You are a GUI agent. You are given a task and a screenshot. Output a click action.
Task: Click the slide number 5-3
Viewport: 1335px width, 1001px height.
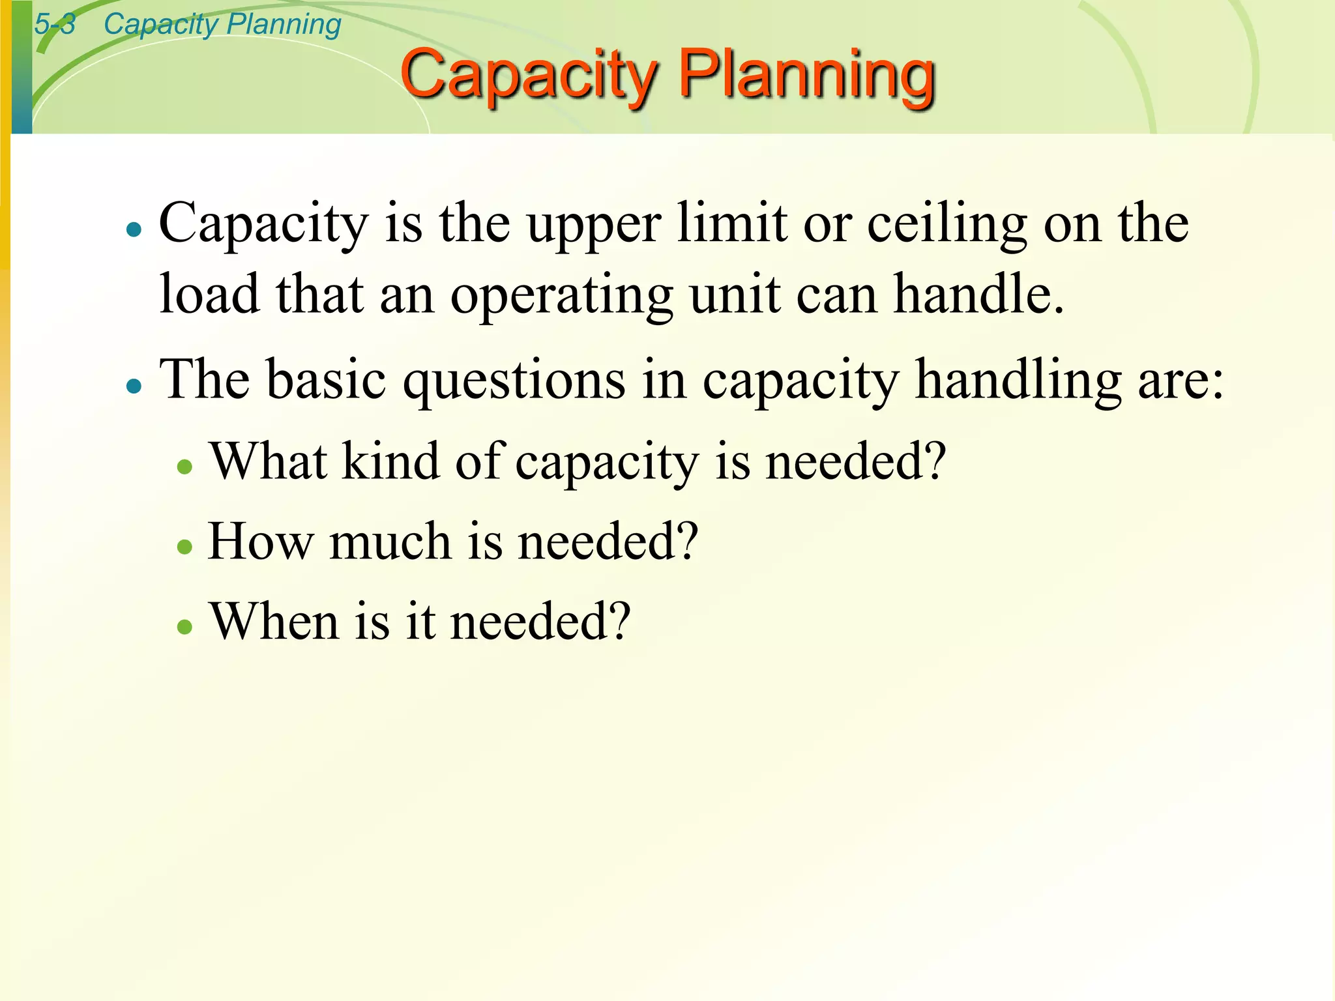pyautogui.click(x=55, y=25)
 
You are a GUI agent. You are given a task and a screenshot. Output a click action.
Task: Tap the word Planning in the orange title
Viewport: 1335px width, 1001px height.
pyautogui.click(x=807, y=75)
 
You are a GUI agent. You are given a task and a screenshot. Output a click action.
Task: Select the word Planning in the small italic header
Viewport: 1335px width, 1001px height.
pyautogui.click(x=284, y=25)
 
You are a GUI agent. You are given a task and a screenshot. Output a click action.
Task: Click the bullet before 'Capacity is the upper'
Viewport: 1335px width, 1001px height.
pyautogui.click(x=134, y=229)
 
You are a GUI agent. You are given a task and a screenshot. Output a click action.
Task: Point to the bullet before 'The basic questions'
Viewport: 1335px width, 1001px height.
pyautogui.click(x=134, y=386)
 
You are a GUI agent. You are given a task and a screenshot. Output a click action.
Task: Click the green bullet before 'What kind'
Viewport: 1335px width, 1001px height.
pyautogui.click(x=185, y=467)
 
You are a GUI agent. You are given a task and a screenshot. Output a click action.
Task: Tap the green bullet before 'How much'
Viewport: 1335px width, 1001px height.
pyautogui.click(x=185, y=546)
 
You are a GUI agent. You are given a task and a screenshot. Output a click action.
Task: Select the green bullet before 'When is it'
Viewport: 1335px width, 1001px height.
pyautogui.click(x=185, y=626)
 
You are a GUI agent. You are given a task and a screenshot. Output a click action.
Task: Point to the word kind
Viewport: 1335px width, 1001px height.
pyautogui.click(x=391, y=461)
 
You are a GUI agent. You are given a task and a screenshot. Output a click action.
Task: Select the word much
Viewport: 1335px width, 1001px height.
pyautogui.click(x=390, y=542)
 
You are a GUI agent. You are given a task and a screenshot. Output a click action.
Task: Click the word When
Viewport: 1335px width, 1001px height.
pyautogui.click(x=274, y=621)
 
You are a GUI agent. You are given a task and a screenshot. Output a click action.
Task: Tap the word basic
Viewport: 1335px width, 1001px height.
pyautogui.click(x=326, y=379)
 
